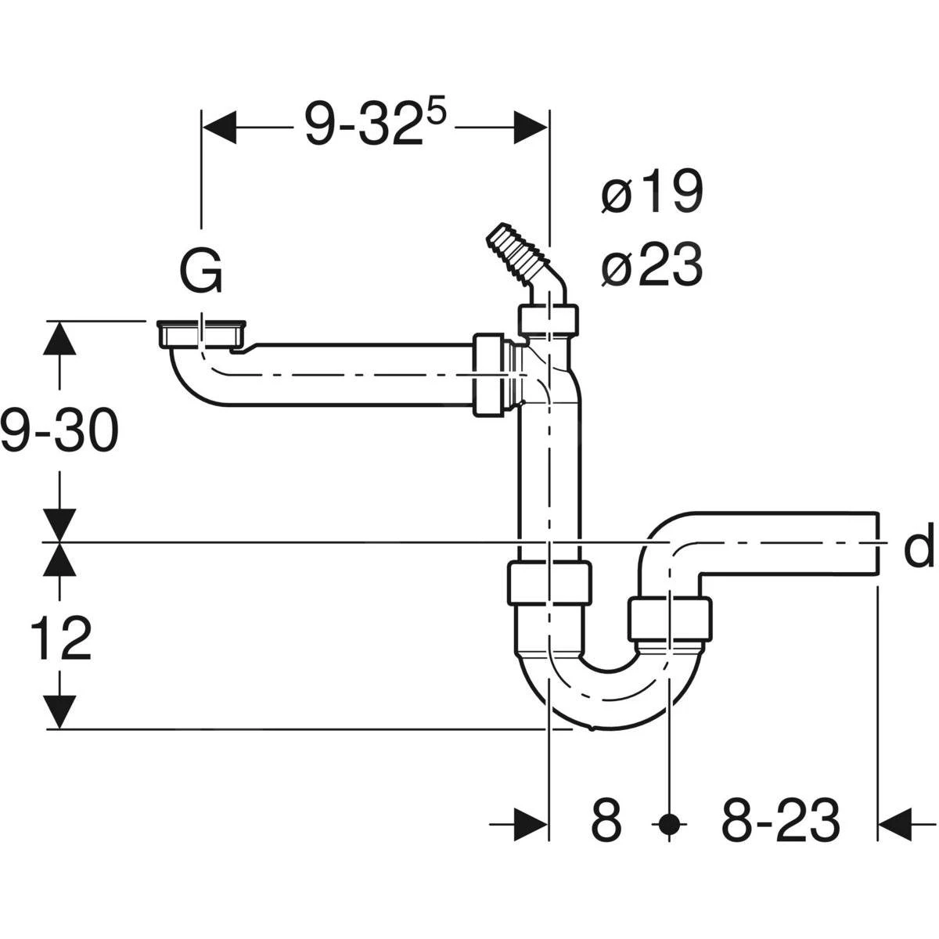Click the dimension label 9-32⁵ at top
pyautogui.click(x=374, y=124)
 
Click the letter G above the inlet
pyautogui.click(x=202, y=272)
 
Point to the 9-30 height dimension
pyautogui.click(x=59, y=430)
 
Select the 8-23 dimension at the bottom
pyautogui.click(x=780, y=822)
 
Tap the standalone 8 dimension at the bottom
pyautogui.click(x=606, y=822)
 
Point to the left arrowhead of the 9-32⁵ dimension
pyautogui.click(x=219, y=126)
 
